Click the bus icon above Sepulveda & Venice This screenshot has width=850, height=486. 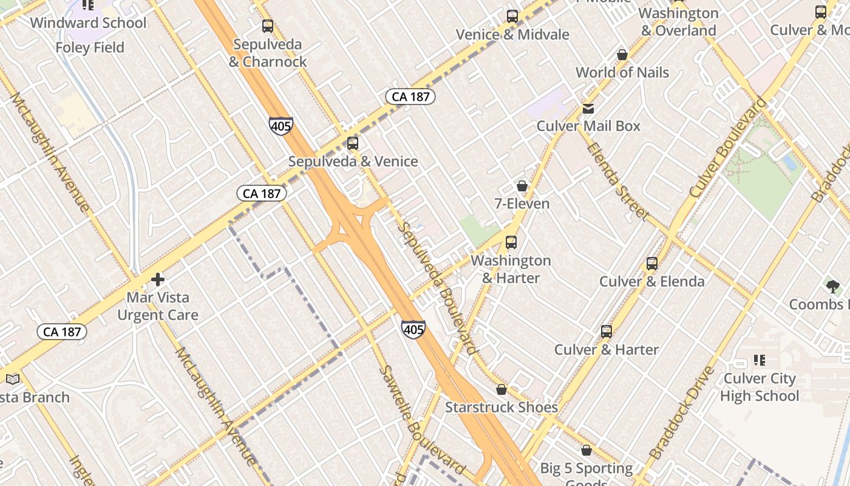pyautogui.click(x=352, y=144)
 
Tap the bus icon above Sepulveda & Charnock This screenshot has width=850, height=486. pyautogui.click(x=267, y=26)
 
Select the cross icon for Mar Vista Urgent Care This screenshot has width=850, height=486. pyautogui.click(x=158, y=279)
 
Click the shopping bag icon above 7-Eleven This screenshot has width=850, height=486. pyautogui.click(x=522, y=186)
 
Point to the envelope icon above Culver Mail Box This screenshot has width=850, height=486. pyautogui.click(x=588, y=109)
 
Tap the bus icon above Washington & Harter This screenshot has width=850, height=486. pyautogui.click(x=511, y=242)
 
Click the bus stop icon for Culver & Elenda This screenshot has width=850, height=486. pyautogui.click(x=652, y=264)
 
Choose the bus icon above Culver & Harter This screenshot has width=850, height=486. pyautogui.click(x=606, y=332)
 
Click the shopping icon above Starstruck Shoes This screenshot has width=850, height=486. pyautogui.click(x=501, y=389)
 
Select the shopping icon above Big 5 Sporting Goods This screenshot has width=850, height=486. pyautogui.click(x=586, y=451)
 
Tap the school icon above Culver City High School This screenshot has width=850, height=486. pyautogui.click(x=759, y=361)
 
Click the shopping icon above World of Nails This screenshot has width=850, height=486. pyautogui.click(x=622, y=55)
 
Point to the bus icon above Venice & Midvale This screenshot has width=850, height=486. pyautogui.click(x=512, y=16)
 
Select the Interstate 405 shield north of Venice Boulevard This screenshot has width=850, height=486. pyautogui.click(x=280, y=126)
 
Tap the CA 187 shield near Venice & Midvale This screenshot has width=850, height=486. pyautogui.click(x=410, y=97)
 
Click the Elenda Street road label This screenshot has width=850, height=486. pyautogui.click(x=617, y=181)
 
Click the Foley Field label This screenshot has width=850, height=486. pyautogui.click(x=90, y=47)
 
